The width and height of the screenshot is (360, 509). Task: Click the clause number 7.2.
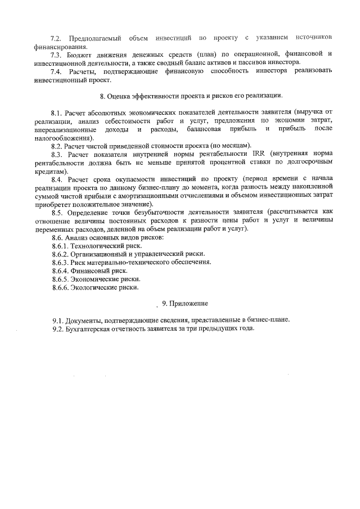(55, 38)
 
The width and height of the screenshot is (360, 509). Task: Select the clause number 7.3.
(55, 54)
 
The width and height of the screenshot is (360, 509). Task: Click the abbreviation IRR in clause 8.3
(261, 155)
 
